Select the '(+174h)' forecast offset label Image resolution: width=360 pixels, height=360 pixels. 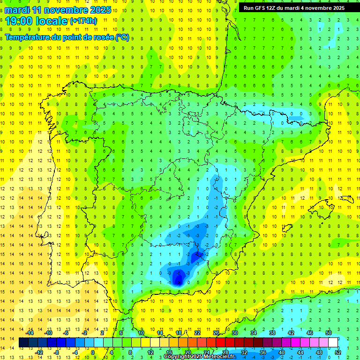point(83,21)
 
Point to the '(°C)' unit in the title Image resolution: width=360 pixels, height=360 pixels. point(122,37)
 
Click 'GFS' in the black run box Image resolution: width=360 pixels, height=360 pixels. point(261,8)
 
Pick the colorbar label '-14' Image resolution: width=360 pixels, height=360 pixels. point(30,333)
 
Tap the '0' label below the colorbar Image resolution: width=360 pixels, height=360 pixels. point(92,352)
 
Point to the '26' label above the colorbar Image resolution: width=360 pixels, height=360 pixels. point(216,333)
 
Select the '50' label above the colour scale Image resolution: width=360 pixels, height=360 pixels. point(329,333)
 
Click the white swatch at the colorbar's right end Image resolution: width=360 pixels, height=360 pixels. point(333,343)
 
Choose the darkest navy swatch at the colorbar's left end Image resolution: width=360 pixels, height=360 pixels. point(23,343)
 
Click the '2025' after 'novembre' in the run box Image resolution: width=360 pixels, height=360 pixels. point(337,8)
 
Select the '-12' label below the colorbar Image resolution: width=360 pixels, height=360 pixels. point(39,352)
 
